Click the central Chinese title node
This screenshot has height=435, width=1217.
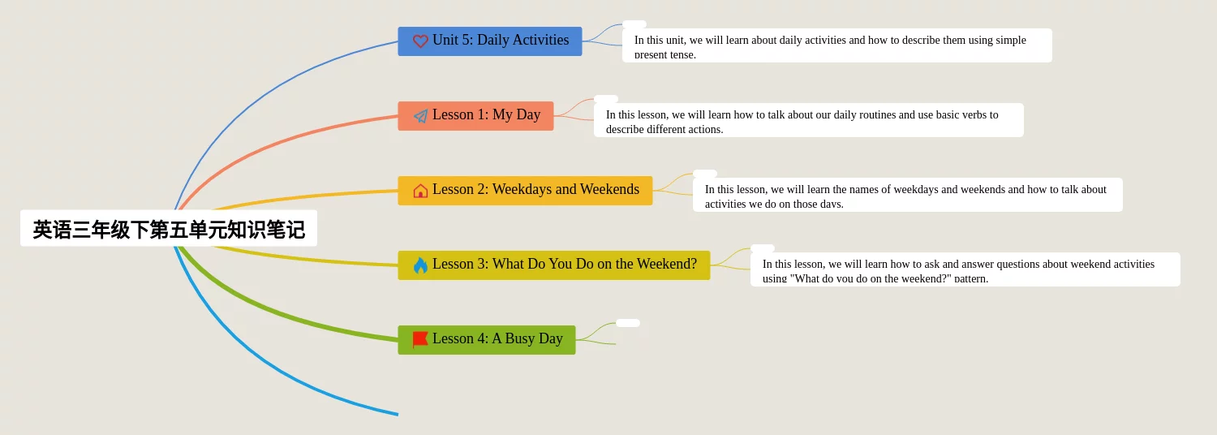169,228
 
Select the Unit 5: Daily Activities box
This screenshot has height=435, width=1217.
489,41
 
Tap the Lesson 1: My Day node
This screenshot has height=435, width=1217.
475,116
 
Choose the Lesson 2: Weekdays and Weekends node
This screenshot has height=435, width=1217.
525,190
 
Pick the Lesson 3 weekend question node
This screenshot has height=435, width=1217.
553,265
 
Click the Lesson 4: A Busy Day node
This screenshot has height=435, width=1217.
486,340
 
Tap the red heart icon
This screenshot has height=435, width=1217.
420,41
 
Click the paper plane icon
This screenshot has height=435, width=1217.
420,116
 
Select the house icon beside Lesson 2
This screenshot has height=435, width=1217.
420,191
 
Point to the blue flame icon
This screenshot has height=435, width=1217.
420,265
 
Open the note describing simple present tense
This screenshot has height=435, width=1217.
836,45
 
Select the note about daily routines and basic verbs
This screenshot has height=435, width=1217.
808,120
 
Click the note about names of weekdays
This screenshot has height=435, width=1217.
907,195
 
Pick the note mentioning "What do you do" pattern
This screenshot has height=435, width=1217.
965,269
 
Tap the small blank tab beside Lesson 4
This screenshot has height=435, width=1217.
627,323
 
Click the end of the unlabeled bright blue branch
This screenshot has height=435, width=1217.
398,415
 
